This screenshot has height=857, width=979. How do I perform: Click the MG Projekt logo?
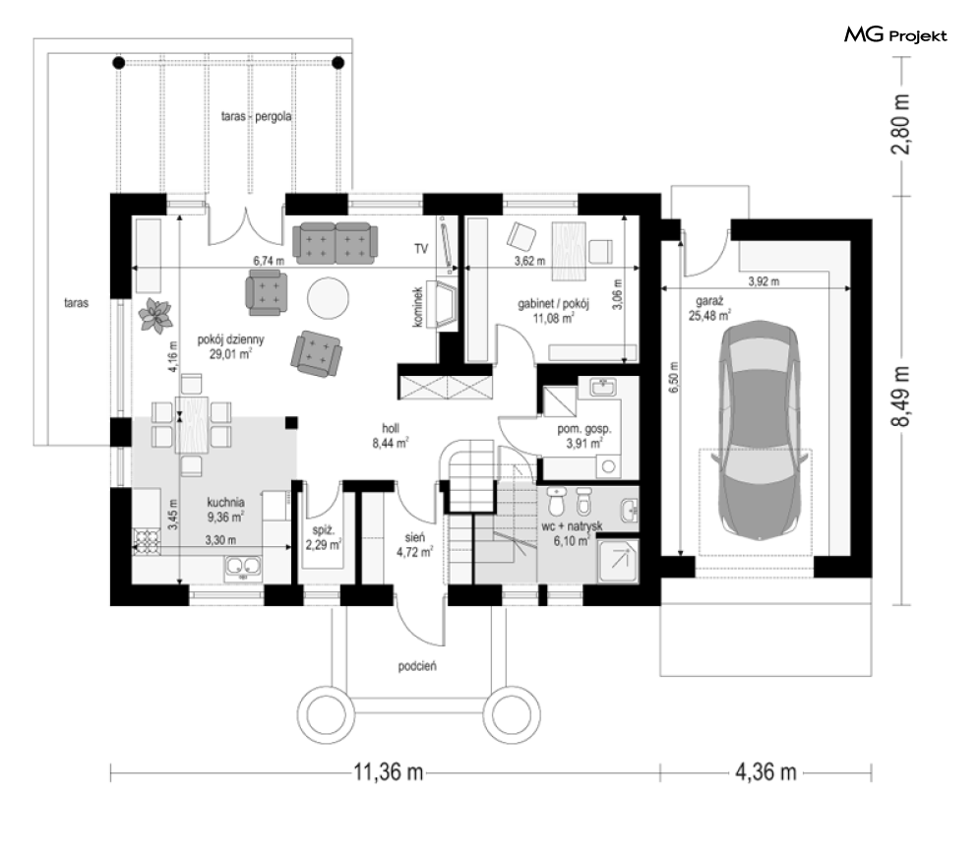895,36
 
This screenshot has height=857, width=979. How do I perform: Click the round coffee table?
328,295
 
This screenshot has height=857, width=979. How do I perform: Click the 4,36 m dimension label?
766,772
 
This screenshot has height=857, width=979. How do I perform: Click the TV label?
421,248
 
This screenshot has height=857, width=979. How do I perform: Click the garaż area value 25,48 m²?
709,316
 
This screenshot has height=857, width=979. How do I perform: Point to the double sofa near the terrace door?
335,241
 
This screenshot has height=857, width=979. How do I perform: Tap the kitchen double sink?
243,566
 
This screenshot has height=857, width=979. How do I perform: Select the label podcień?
417,666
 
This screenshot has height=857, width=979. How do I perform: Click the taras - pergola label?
258,116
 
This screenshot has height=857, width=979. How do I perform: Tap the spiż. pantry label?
322,536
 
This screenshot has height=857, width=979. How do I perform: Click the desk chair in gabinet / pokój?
520,236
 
